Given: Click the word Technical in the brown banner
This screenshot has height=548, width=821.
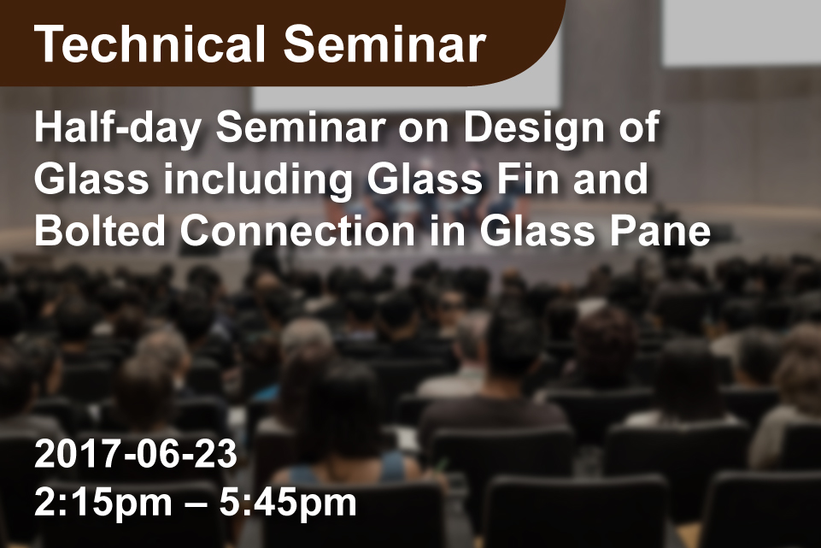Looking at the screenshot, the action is (150, 44).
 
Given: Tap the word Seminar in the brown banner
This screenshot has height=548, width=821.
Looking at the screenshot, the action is (384, 44).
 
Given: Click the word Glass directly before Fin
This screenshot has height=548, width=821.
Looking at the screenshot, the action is (425, 180).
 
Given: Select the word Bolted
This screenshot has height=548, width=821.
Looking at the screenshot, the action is (99, 231).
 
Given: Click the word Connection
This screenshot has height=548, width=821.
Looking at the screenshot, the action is (297, 231).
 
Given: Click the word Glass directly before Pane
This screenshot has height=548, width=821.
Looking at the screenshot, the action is (537, 231).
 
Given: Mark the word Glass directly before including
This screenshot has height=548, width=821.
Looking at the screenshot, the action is (92, 180).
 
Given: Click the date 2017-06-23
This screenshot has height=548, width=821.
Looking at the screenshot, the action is (136, 454).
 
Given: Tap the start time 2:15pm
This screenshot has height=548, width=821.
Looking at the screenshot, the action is (103, 503).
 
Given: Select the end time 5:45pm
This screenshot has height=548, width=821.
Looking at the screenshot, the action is (288, 503).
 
